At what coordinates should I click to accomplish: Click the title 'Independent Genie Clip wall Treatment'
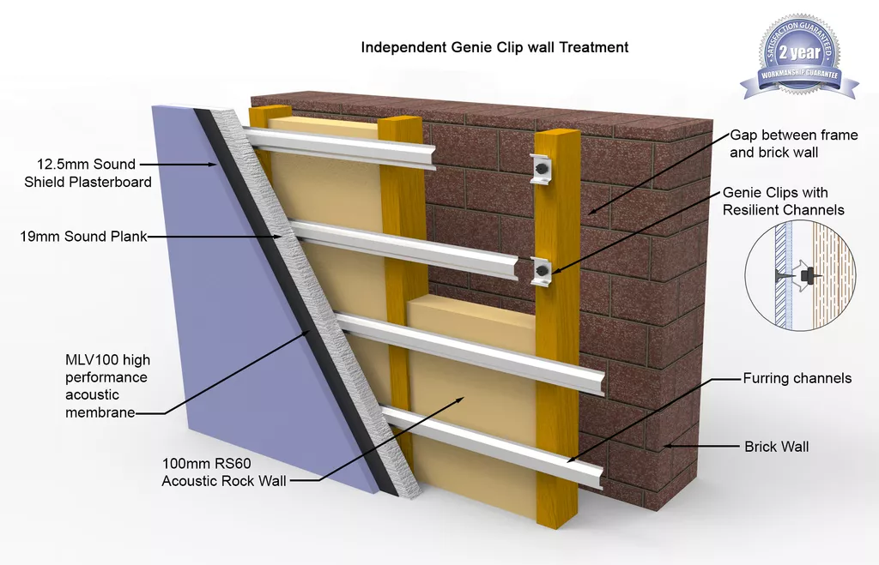[x=494, y=47]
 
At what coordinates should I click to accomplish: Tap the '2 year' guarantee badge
[x=799, y=55]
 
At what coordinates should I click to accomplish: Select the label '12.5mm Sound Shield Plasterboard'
[x=88, y=173]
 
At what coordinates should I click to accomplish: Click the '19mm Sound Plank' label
[x=83, y=237]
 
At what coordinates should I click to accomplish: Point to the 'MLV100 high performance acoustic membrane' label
[x=107, y=386]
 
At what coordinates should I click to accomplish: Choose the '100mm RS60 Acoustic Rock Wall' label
[x=224, y=472]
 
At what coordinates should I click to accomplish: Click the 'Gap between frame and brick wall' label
[x=794, y=143]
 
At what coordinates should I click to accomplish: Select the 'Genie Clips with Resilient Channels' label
[x=783, y=201]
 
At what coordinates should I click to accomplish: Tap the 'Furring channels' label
[x=797, y=379]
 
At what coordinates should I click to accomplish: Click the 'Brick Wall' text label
[x=776, y=447]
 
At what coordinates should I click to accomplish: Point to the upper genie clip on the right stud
[x=543, y=167]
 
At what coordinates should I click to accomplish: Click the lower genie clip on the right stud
[x=543, y=271]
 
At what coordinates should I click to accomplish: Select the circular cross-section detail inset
[x=801, y=275]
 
